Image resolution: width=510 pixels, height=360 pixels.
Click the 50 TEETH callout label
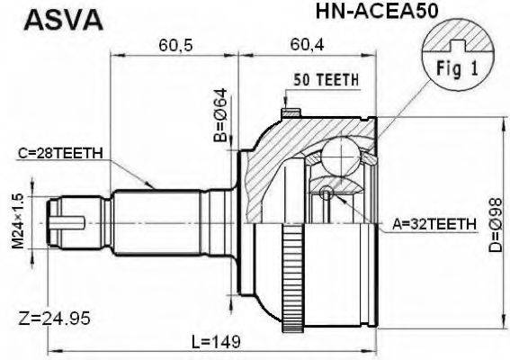click(x=325, y=79)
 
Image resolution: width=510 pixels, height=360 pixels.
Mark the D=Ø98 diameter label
click(x=497, y=220)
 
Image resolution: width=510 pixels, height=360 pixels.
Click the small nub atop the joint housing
click(x=290, y=113)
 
